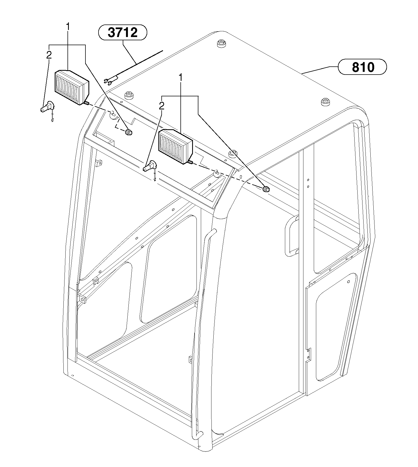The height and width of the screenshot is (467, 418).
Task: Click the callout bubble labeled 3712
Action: (122, 33)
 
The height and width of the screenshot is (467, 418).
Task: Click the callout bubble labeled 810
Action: (362, 67)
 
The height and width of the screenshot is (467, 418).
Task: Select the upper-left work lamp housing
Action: (72, 87)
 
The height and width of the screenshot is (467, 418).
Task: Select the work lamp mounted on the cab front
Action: (175, 147)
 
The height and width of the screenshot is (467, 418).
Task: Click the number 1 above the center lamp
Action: (180, 78)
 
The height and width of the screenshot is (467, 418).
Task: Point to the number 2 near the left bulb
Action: (49, 55)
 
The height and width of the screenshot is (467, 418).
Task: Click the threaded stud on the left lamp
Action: (86, 103)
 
